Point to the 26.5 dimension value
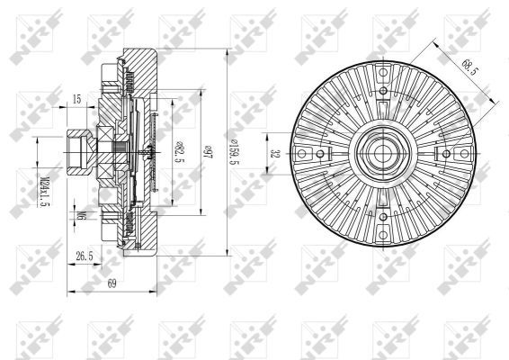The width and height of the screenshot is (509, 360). click(85, 256)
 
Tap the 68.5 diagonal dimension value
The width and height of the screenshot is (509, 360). click(468, 67)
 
